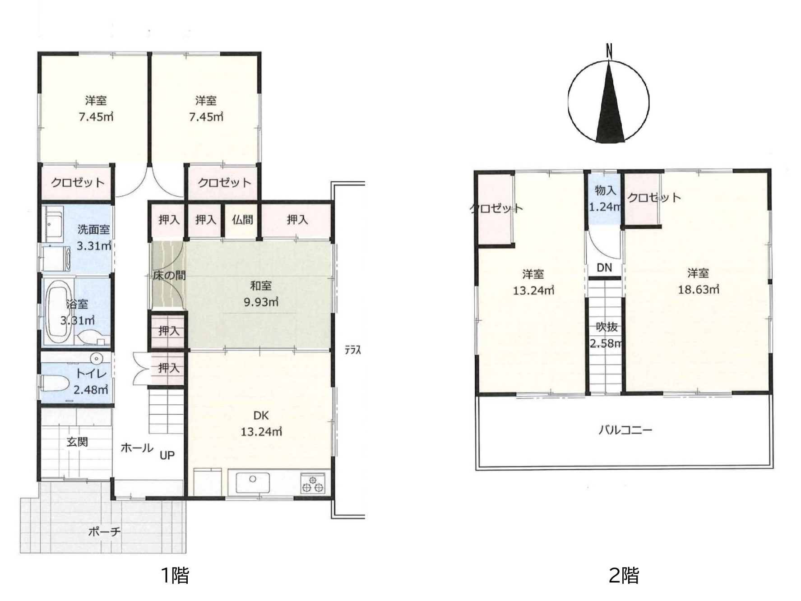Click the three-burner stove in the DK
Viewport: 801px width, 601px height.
(313, 483)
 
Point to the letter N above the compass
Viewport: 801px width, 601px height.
(609, 51)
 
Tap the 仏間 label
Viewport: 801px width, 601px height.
(242, 220)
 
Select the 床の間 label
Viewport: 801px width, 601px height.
(169, 275)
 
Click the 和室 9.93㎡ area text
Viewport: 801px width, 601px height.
(261, 294)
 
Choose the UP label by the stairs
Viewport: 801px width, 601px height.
(167, 455)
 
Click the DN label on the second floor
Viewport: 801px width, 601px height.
(604, 268)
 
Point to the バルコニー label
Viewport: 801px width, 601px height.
(625, 430)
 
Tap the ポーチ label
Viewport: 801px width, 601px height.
(105, 532)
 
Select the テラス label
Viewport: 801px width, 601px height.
(353, 350)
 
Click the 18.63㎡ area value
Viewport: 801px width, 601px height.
(698, 289)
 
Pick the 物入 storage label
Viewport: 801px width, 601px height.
(605, 190)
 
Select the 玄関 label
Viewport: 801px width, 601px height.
(77, 442)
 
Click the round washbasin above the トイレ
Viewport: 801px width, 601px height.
(96, 359)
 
